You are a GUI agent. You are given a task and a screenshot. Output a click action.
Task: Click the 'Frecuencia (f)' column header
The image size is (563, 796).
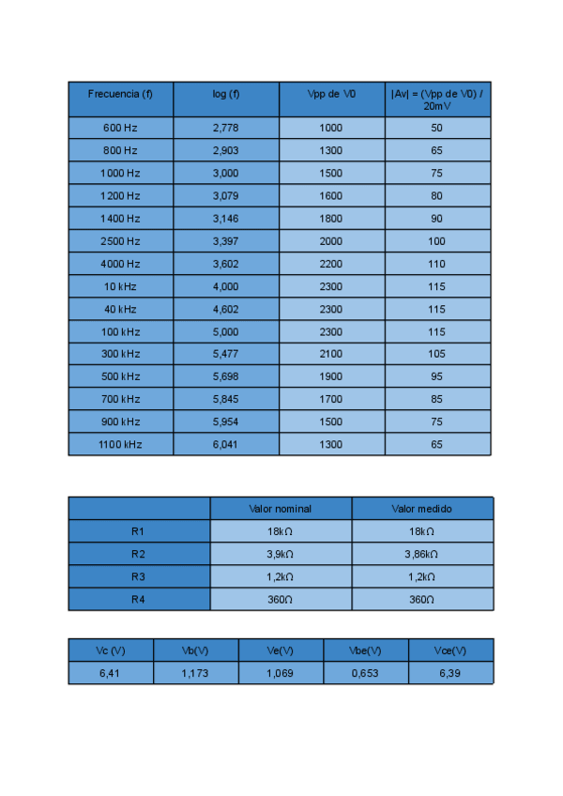[120, 94]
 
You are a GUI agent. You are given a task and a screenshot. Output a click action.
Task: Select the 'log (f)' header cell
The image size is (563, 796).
[226, 94]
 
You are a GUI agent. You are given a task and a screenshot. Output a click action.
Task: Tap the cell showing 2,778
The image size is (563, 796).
[226, 128]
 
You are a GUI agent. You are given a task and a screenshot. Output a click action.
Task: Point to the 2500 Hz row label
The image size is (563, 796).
[120, 241]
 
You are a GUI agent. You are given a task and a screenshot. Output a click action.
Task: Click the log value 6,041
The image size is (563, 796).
[226, 445]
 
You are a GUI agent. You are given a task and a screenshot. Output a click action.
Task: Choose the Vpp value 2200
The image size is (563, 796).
[331, 264]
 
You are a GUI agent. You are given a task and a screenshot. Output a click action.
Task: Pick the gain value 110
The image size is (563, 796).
[436, 264]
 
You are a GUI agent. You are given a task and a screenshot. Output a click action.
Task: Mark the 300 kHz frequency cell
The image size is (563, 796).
[120, 354]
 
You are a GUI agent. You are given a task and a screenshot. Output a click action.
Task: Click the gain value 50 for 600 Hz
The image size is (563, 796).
[436, 128]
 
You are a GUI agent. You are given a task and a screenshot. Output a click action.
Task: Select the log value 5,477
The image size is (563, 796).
[226, 354]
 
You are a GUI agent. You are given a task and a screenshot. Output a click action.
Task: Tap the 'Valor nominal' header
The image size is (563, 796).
[281, 509]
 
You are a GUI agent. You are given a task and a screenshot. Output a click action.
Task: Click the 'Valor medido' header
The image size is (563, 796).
[422, 509]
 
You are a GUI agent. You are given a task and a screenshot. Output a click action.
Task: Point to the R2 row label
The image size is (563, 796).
[139, 554]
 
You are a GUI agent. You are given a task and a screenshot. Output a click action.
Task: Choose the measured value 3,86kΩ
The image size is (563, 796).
[422, 554]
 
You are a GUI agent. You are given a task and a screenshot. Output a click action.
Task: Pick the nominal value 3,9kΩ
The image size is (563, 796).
[281, 554]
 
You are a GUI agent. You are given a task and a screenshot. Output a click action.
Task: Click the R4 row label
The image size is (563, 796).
[139, 599]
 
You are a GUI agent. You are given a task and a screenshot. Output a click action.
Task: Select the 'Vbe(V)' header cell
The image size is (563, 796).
[365, 651]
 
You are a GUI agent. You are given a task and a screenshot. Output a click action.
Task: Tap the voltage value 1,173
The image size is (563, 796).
[195, 673]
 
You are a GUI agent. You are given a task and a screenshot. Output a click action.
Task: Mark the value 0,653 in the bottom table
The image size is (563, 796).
[365, 673]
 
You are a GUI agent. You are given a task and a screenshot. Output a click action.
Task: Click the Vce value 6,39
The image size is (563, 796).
[450, 673]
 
